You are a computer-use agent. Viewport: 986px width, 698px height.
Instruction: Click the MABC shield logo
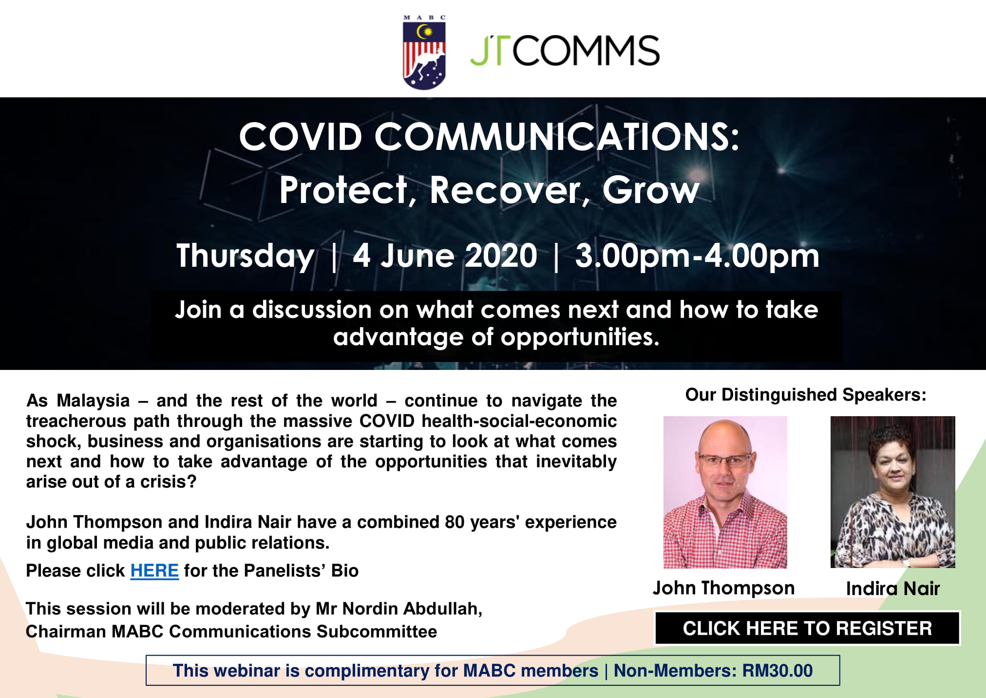424,52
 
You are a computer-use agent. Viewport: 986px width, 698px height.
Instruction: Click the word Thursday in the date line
245,257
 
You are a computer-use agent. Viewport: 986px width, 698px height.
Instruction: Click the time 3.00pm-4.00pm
697,257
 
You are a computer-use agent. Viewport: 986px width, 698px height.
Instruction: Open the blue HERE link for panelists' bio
154,570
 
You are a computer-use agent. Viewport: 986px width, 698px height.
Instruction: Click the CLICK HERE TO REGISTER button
807,628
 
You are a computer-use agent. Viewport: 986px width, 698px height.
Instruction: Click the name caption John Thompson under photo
723,588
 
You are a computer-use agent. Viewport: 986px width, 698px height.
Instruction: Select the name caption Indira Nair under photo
892,588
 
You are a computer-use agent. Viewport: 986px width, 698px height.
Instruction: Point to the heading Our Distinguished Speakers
806,395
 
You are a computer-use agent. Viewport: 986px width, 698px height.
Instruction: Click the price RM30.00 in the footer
777,671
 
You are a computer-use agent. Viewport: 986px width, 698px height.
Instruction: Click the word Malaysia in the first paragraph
93,401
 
